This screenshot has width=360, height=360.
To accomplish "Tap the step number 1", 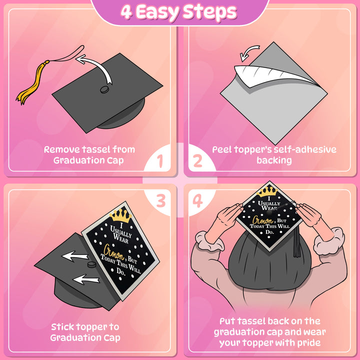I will click(x=160, y=161).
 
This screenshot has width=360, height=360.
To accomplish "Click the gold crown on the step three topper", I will click(x=119, y=215).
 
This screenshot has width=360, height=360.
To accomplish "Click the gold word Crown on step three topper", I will click(x=113, y=248).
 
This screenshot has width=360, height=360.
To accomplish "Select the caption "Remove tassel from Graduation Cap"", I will click(x=89, y=154).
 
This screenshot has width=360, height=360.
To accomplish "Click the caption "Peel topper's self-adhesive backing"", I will click(x=274, y=154).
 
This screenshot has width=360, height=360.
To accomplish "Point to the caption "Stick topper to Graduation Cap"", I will click(x=85, y=332).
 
